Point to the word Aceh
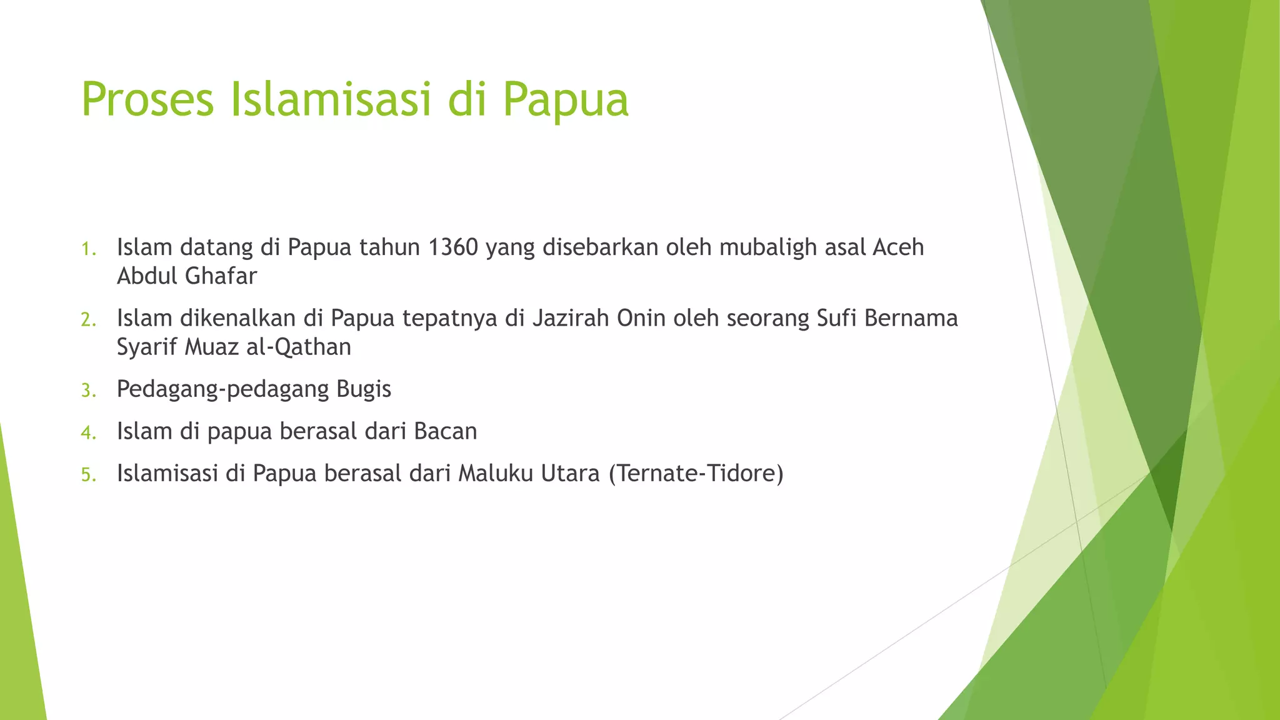tap(898, 247)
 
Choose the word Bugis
tap(364, 389)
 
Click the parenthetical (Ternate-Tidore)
tap(696, 474)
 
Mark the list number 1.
tap(88, 249)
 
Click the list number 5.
tap(88, 476)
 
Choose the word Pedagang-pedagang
tap(223, 389)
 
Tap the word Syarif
tap(147, 347)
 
